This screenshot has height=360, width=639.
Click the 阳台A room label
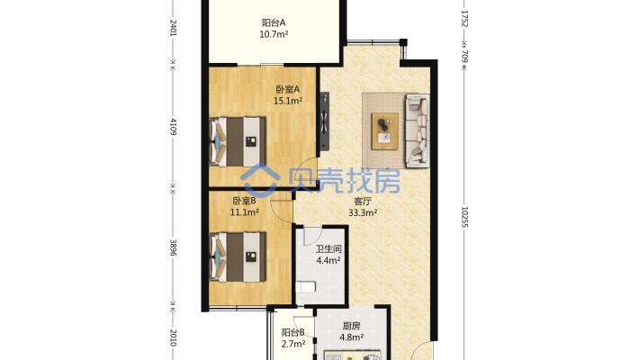[x=274, y=22]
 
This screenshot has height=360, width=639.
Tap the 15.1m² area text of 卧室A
[x=288, y=101]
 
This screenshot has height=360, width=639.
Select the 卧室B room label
[x=244, y=201]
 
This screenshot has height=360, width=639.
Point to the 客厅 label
[x=363, y=202]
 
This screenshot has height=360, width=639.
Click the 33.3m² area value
[x=363, y=212]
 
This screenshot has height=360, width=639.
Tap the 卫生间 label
[x=328, y=248]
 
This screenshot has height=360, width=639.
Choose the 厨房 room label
[x=351, y=326]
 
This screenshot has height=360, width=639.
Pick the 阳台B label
[x=293, y=333]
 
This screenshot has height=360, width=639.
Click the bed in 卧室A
[x=238, y=142]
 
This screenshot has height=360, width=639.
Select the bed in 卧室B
[x=238, y=257]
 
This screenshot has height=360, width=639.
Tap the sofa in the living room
[x=418, y=130]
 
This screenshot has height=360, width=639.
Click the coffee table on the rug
[x=384, y=130]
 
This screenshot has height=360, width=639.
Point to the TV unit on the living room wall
[x=324, y=121]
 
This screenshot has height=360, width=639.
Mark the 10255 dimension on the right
[x=464, y=217]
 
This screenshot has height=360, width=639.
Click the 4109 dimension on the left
[x=173, y=127]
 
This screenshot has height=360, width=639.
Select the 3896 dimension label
[x=173, y=247]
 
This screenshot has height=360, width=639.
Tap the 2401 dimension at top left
[x=173, y=28]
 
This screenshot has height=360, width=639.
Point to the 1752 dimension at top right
[x=464, y=19]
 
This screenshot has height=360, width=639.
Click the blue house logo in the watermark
[x=260, y=179]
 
